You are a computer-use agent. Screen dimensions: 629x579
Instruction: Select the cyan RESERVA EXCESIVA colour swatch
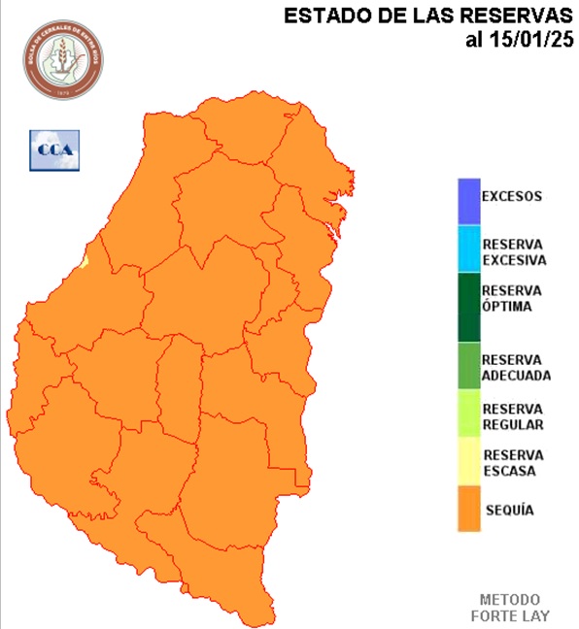tap(470, 249)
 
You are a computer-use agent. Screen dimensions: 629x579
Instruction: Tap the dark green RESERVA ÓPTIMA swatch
tap(470, 307)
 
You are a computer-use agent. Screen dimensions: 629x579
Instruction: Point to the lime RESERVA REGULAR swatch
tap(470, 414)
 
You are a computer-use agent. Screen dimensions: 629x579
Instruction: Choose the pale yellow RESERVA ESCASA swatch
tap(470, 461)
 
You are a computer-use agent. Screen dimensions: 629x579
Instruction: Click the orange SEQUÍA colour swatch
tap(470, 509)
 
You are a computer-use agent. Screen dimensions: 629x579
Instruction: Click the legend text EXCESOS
tap(512, 196)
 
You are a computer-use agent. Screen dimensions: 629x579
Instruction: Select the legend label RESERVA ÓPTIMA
tap(512, 299)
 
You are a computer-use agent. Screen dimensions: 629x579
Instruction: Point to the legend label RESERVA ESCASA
tap(512, 462)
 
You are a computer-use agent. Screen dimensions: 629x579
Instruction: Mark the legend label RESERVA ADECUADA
tap(516, 367)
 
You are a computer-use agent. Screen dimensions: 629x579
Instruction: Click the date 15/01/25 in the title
tap(532, 40)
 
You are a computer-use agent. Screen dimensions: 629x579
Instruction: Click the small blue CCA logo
tap(53, 149)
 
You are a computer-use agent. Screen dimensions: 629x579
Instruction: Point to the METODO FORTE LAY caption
tap(510, 608)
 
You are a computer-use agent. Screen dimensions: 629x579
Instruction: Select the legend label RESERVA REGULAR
tap(512, 416)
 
